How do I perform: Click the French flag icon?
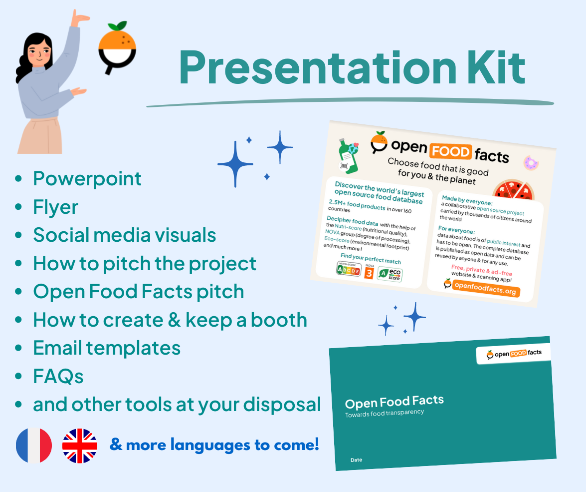pyautogui.click(x=34, y=445)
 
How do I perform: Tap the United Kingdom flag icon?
pyautogui.click(x=80, y=445)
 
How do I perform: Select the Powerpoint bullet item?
pyautogui.click(x=87, y=179)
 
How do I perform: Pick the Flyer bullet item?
pyautogui.click(x=55, y=207)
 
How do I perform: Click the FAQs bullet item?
pyautogui.click(x=58, y=376)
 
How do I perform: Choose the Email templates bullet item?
pyautogui.click(x=106, y=348)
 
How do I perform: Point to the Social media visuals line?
pyautogui.click(x=124, y=235)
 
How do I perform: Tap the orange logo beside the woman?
pyautogui.click(x=117, y=49)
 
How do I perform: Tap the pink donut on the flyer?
pyautogui.click(x=530, y=163)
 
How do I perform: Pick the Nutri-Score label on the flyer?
pyautogui.click(x=349, y=269)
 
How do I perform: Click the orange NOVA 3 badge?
pyautogui.click(x=369, y=272)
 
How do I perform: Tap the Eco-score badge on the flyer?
pyautogui.click(x=390, y=274)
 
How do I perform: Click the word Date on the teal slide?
pyautogui.click(x=356, y=460)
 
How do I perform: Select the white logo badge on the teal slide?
pyautogui.click(x=513, y=354)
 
